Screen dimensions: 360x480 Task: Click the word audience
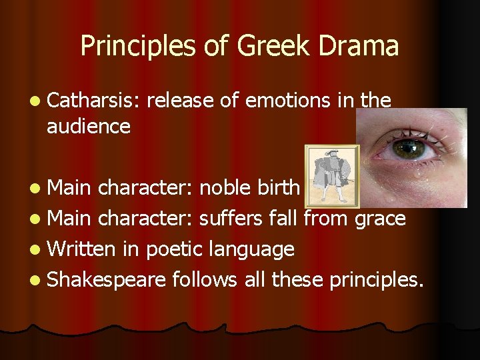(x=89, y=126)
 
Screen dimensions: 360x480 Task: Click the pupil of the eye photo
(x=409, y=147)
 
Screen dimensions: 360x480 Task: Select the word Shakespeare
(x=107, y=281)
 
